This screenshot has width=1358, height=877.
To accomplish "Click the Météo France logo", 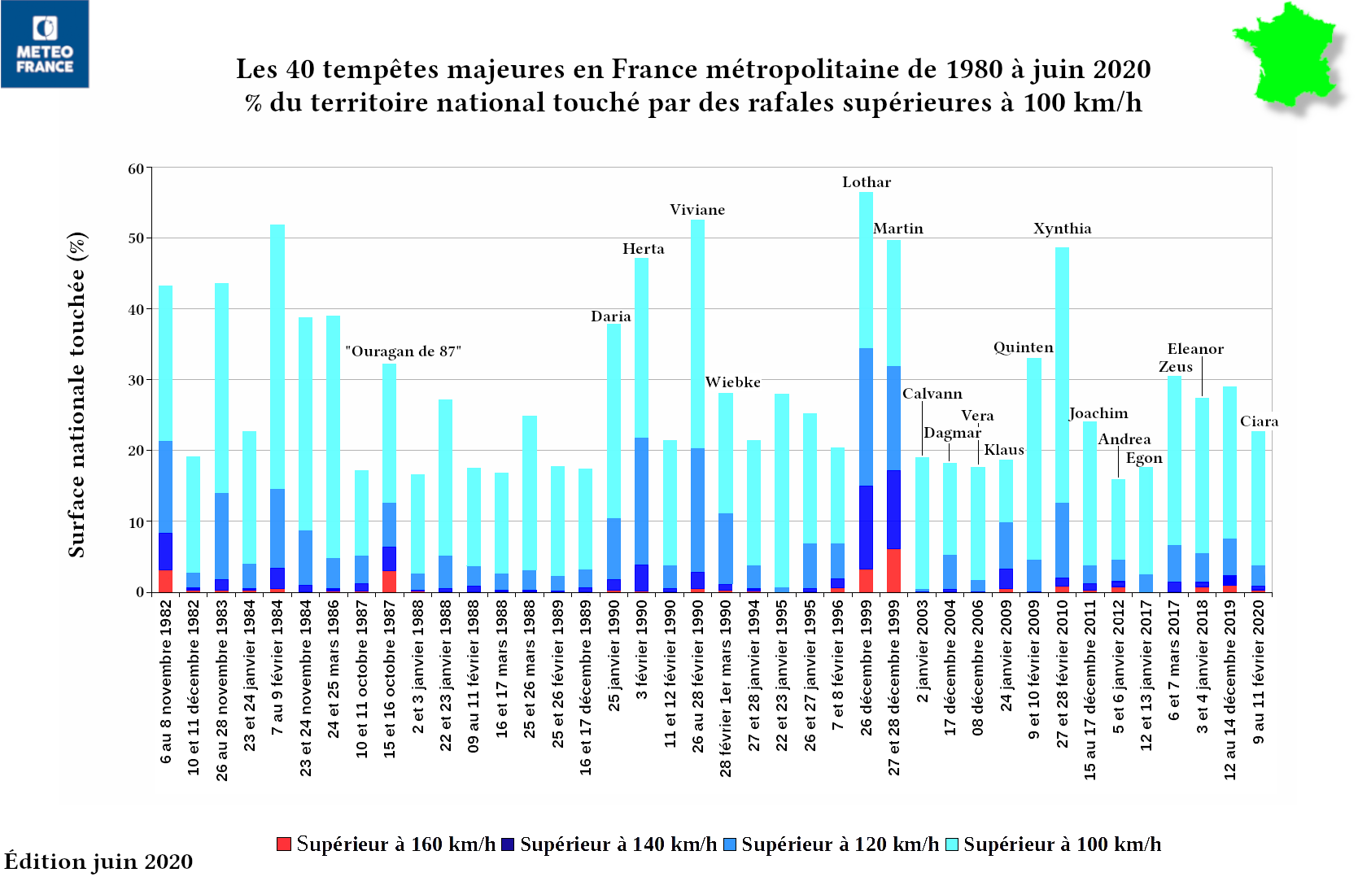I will pos(45,44).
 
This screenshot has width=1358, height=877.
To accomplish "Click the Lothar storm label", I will pos(866,182).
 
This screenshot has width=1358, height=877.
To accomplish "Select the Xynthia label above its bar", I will pos(1062,229).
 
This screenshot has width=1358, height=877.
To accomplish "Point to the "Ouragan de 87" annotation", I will pos(403,351).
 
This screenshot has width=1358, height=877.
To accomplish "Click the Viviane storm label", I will pos(697,210).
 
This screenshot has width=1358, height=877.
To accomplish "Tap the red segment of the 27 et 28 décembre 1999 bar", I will pos(893,570).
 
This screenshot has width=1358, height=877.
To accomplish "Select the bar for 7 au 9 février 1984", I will pos(277,407).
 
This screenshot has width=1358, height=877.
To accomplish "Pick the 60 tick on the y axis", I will pos(136,169).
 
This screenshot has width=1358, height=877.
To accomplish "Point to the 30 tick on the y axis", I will pos(136,381).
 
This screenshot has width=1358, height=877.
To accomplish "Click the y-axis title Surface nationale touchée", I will pos(77,395).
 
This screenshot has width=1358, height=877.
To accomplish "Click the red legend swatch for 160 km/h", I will pos(284,844).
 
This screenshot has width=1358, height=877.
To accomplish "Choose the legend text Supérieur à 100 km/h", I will pos(1062,844).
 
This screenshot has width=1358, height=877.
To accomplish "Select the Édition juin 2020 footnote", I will pos(98,862).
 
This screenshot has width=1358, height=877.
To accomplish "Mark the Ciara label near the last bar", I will pos(1259,421).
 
